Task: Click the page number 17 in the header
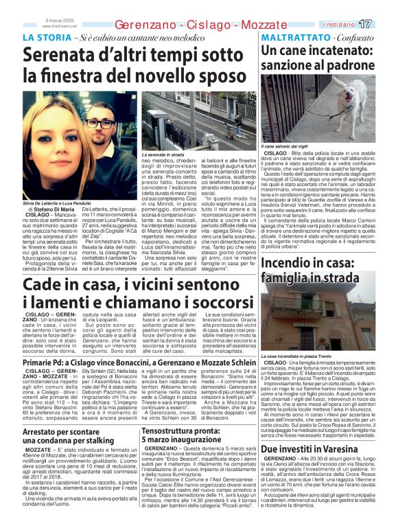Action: pyautogui.click(x=384, y=23)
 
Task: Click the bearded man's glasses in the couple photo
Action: pyautogui.click(x=99, y=124)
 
